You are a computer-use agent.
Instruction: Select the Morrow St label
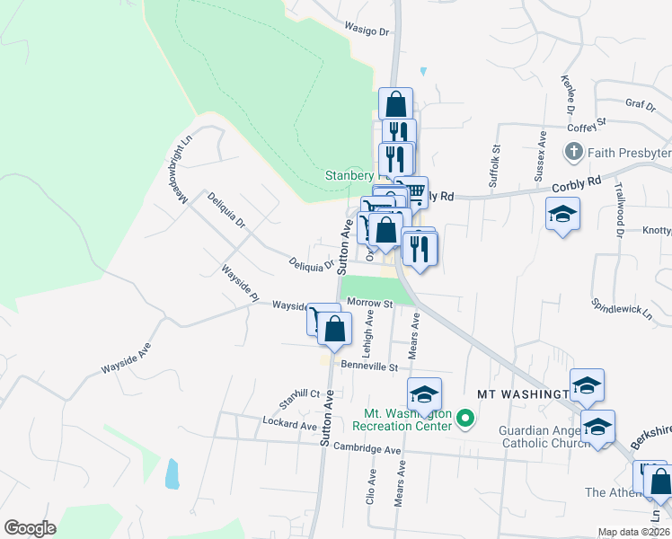370,304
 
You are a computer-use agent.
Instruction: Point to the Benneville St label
368,367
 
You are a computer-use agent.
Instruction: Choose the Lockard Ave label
289,421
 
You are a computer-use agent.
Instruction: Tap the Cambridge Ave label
367,448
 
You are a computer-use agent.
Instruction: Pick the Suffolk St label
493,165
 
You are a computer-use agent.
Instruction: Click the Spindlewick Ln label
622,309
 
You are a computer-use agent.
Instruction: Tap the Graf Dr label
641,104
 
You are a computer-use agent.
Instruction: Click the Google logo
30,528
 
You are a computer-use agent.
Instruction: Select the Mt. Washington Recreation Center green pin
464,419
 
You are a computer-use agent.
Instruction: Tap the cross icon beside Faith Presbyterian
574,153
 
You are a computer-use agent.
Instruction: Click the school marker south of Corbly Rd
562,214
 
